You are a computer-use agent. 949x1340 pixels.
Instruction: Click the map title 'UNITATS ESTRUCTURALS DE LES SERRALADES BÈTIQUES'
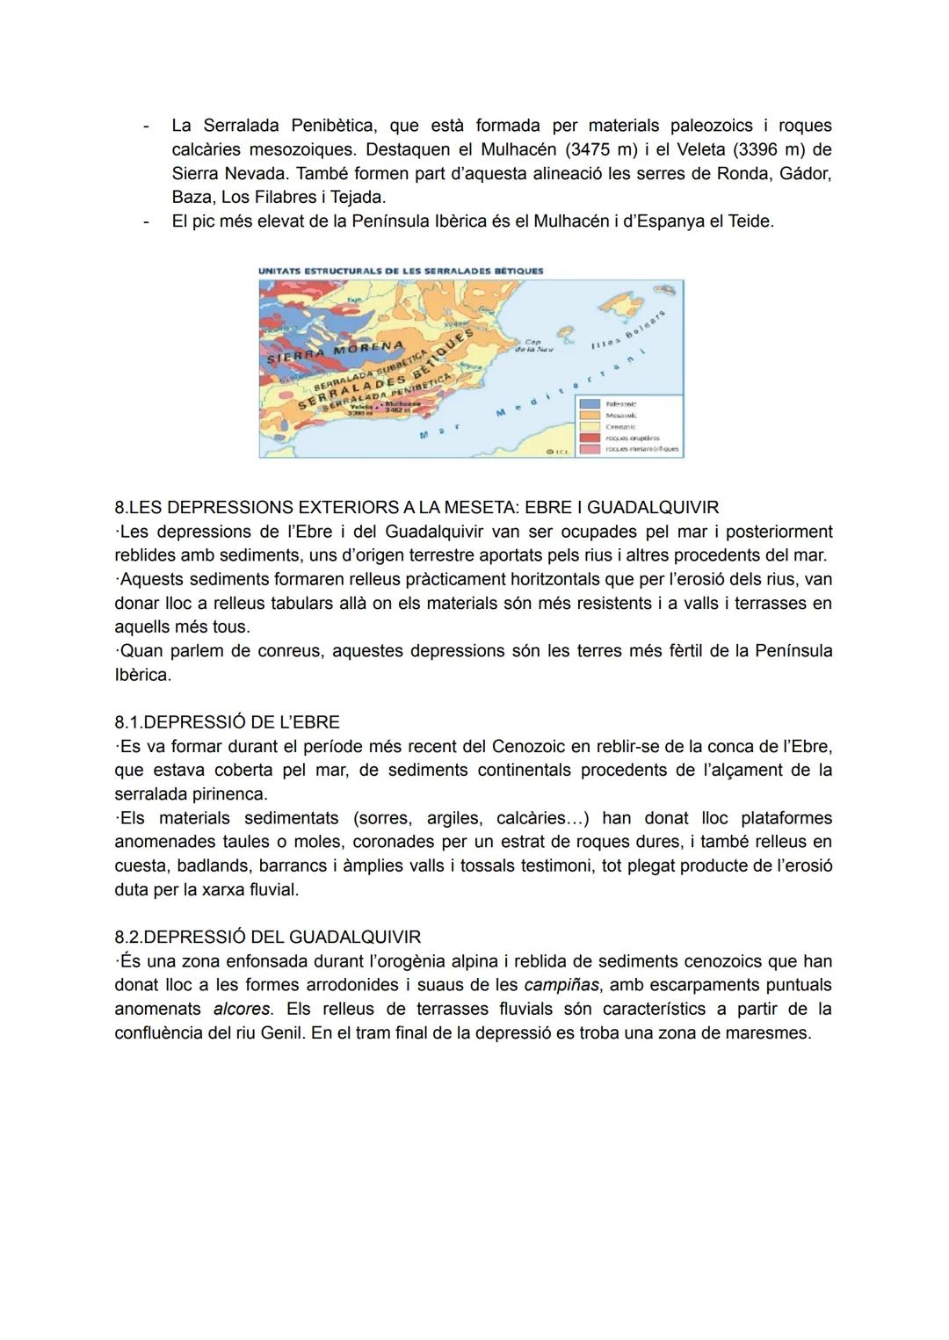[x=401, y=271]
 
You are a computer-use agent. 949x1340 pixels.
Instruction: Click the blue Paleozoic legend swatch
[x=590, y=403]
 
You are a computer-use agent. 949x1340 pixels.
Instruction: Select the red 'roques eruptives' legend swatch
[x=590, y=437]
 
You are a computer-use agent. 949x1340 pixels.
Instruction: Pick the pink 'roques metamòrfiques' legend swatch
[x=590, y=448]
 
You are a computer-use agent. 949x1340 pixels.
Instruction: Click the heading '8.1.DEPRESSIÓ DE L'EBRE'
[x=227, y=722]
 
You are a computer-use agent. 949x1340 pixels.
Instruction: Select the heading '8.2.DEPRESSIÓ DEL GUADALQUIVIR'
[x=268, y=937]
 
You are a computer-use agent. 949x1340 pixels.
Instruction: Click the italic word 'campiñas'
[x=561, y=985]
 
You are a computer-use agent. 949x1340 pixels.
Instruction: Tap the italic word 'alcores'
[x=242, y=1009]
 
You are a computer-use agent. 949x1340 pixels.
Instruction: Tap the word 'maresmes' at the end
[x=768, y=1032]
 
